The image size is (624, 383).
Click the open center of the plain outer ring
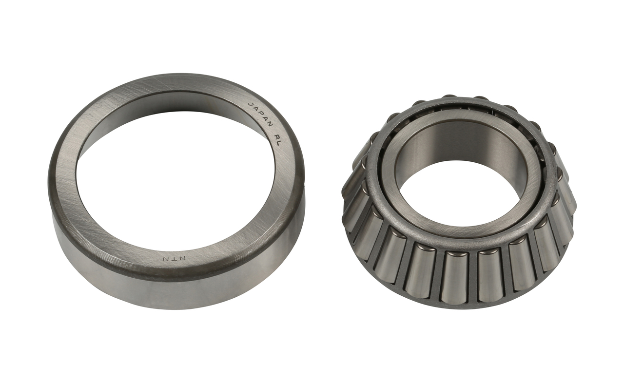pyautogui.click(x=175, y=185)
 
